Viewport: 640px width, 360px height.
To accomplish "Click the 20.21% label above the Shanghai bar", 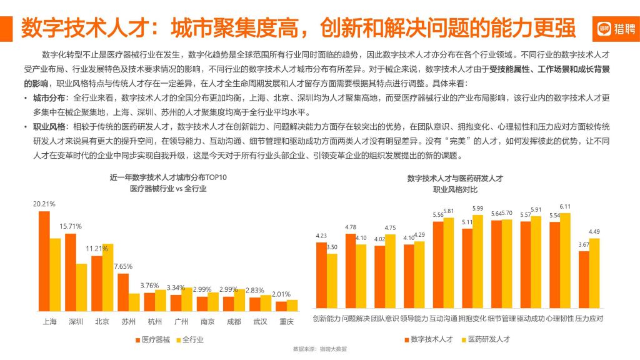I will click(44, 204).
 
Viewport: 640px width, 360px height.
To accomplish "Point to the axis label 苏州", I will click(129, 321).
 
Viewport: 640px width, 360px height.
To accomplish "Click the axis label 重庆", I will click(287, 321).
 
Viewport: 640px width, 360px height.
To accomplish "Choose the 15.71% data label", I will click(71, 226).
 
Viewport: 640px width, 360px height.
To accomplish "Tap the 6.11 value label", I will click(565, 206).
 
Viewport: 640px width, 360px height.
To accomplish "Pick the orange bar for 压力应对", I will click(584, 281).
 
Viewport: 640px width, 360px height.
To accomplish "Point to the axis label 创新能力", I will click(326, 319).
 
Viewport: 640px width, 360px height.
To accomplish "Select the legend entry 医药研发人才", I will click(486, 339).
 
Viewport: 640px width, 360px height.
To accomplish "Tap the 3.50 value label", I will click(332, 247).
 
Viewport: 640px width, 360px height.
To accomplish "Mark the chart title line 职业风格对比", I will click(455, 189).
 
